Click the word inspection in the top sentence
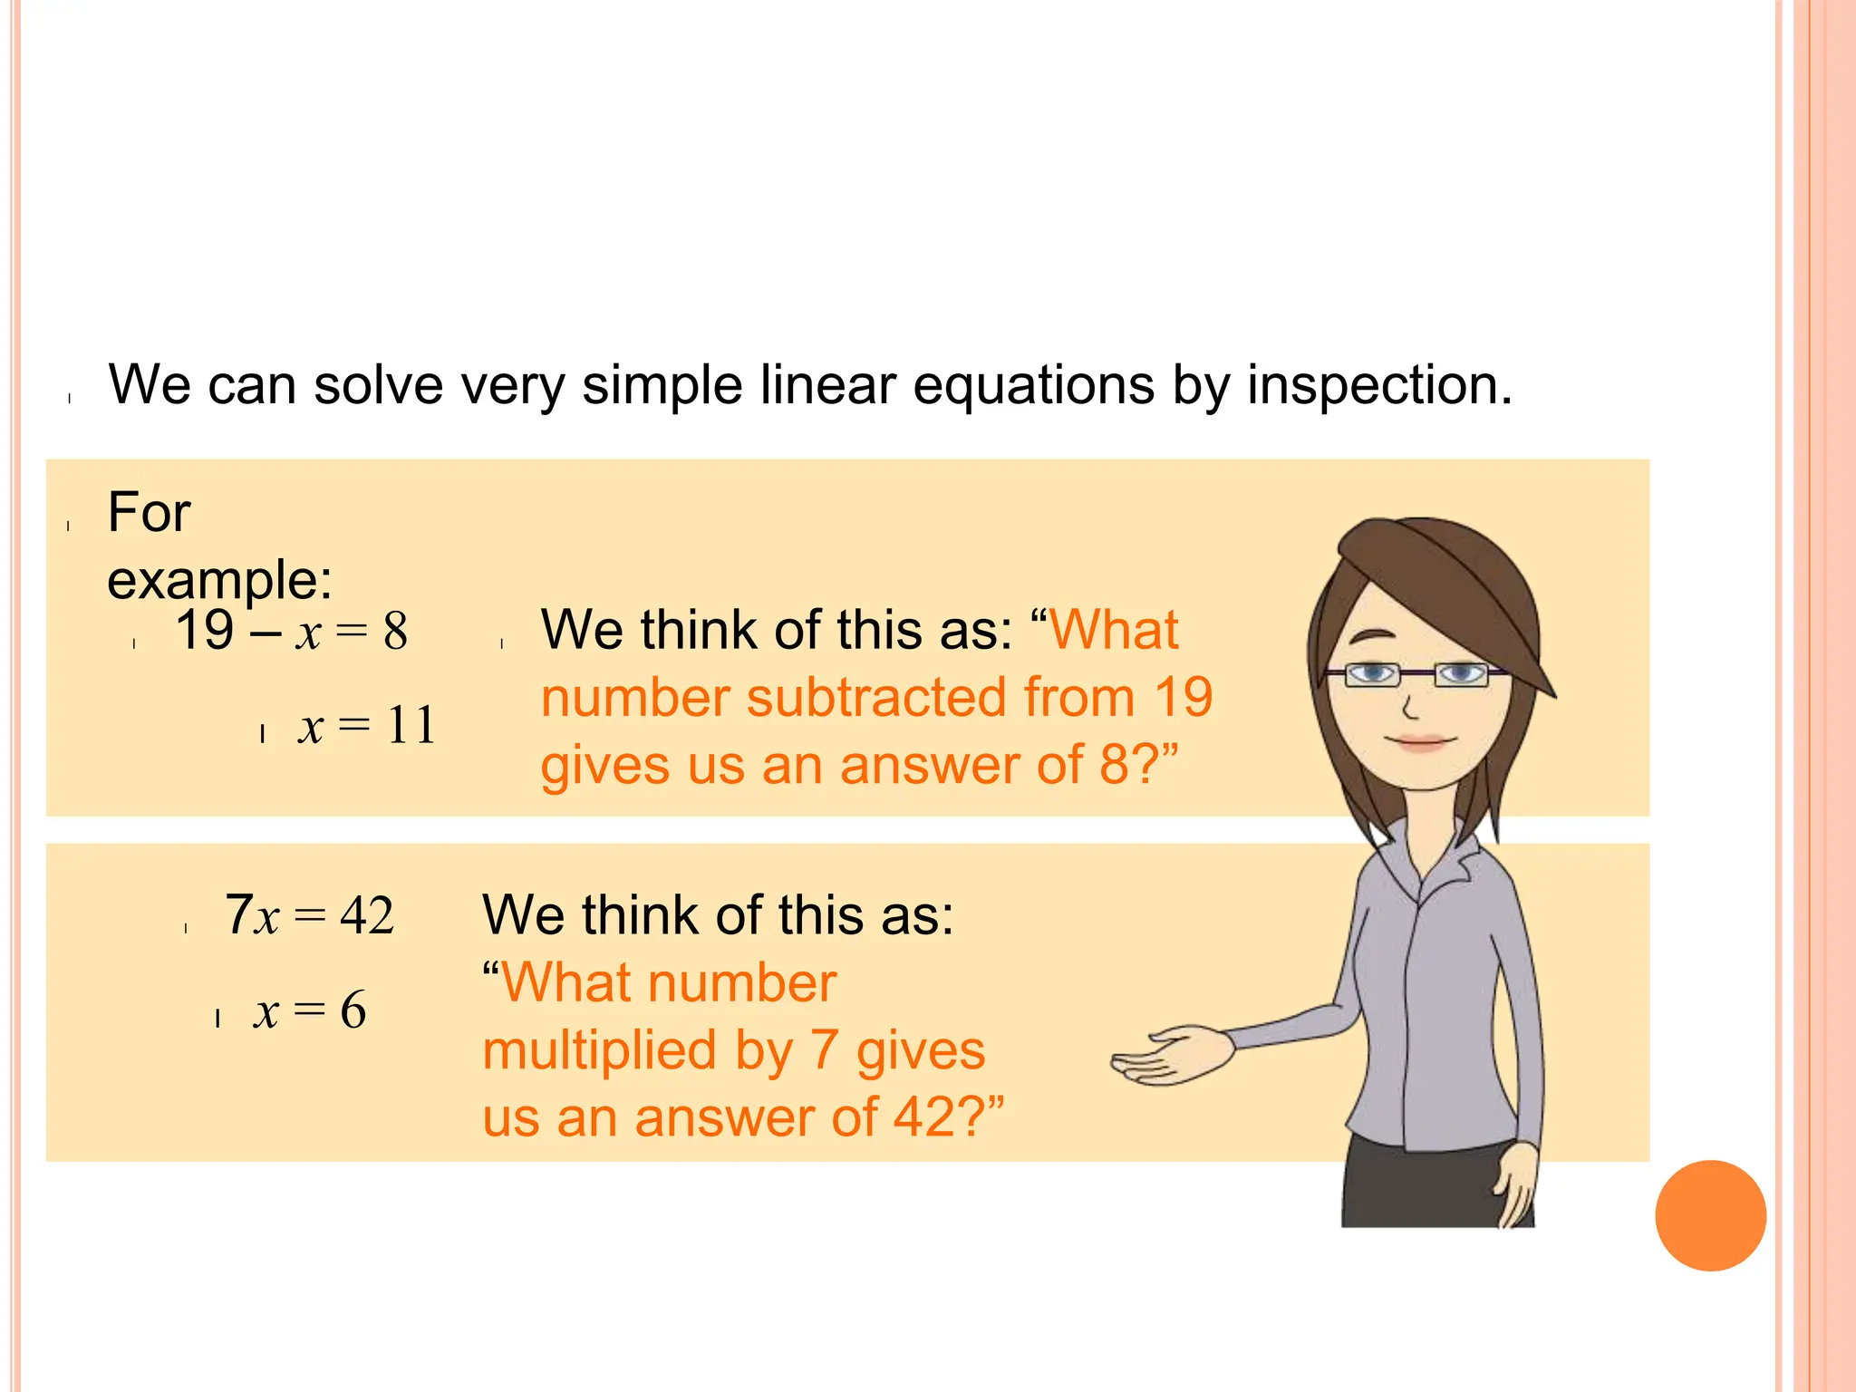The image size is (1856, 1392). (1379, 386)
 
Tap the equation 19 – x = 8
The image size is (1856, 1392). (291, 631)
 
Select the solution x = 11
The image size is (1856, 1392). (367, 726)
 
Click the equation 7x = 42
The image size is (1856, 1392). (309, 915)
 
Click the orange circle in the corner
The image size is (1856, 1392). (1710, 1215)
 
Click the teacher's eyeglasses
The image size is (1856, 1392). (1416, 675)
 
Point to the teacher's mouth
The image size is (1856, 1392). (1421, 743)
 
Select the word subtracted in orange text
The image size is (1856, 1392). (877, 699)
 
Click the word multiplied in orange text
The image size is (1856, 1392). (600, 1051)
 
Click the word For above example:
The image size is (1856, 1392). (150, 513)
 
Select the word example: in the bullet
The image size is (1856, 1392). (219, 580)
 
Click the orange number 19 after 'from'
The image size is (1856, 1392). (1183, 699)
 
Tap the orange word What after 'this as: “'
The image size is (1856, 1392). (1115, 631)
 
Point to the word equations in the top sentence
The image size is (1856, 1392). (1033, 386)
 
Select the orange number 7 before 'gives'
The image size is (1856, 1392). (823, 1051)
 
